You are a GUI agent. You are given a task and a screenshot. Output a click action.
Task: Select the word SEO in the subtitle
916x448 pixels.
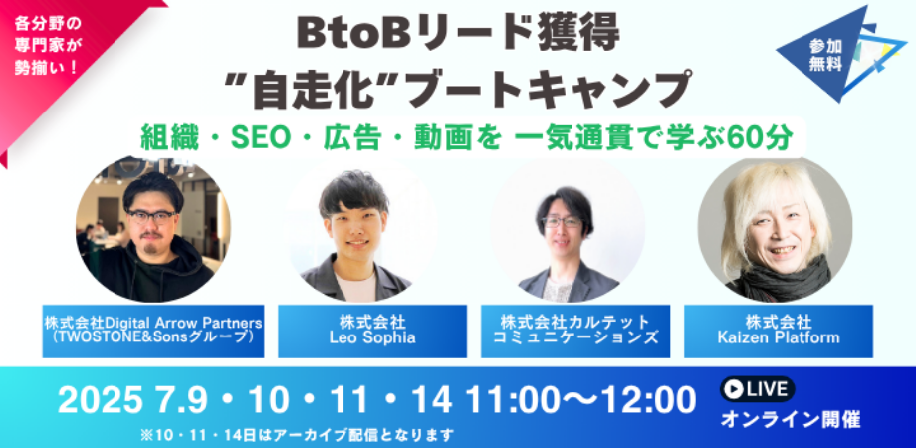coord(257,138)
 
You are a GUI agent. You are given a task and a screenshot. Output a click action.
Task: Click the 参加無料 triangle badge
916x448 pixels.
coord(835,54)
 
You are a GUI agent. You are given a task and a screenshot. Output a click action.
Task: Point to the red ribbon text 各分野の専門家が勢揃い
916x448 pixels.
coord(47,45)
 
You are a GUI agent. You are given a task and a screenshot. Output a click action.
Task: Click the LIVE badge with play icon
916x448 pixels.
coord(757,389)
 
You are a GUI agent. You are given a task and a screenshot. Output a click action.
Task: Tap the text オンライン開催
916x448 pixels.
coord(790,419)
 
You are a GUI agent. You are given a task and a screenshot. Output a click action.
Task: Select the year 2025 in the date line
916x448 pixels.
coord(100,400)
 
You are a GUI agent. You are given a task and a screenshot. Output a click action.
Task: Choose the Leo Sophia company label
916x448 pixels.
coord(372,331)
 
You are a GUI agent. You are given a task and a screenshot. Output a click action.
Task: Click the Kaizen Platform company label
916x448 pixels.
coord(779,331)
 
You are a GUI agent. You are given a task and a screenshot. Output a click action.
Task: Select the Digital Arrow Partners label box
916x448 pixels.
coord(153,331)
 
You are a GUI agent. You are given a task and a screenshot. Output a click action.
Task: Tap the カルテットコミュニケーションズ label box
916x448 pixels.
coord(575,331)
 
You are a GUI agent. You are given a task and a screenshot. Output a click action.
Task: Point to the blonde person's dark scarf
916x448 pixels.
coord(780,275)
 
